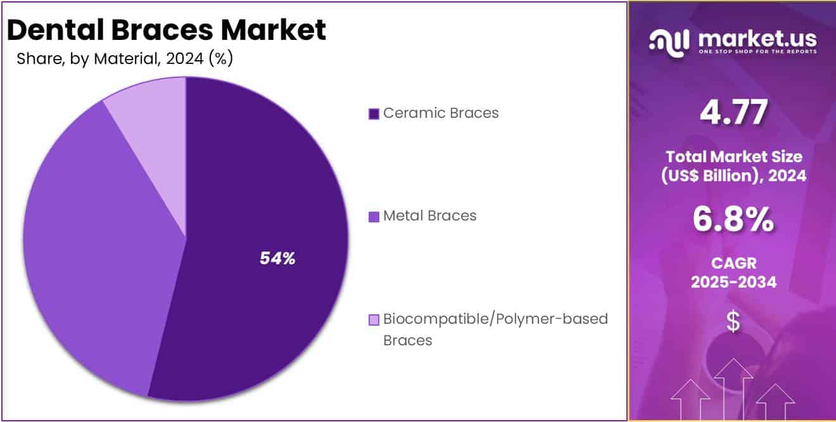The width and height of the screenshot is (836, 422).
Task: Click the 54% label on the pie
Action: (277, 259)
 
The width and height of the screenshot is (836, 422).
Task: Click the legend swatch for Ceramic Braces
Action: (374, 113)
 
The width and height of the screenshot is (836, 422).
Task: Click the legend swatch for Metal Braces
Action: (374, 216)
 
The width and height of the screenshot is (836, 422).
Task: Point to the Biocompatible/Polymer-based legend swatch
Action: (374, 319)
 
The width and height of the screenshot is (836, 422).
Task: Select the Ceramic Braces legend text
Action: (441, 113)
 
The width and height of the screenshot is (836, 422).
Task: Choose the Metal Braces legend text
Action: (430, 215)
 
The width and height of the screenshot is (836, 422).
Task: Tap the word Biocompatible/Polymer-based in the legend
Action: (495, 319)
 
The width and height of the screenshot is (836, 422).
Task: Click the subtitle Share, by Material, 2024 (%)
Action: (125, 59)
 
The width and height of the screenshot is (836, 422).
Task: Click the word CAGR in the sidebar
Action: (733, 262)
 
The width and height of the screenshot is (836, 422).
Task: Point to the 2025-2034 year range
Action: (733, 283)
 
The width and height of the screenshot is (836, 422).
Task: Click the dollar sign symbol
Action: (733, 322)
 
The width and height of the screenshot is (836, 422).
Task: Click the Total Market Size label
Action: (733, 157)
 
